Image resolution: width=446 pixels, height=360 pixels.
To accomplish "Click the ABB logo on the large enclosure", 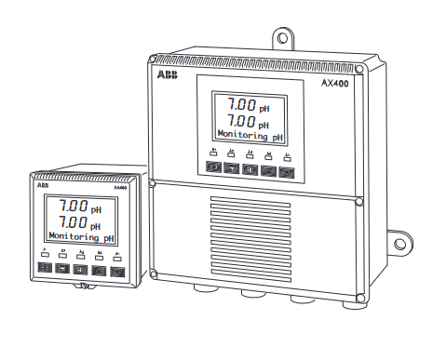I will [x=167, y=74].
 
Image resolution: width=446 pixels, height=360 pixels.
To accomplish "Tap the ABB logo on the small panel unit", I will [x=43, y=185].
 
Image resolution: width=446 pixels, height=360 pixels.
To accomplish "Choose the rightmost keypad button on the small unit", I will [x=117, y=271].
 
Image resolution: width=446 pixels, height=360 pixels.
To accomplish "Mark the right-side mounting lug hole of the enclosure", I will [x=400, y=244].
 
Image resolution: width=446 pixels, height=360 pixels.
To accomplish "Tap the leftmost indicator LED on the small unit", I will [x=44, y=253].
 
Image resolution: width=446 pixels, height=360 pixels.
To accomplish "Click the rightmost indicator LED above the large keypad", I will [x=291, y=155].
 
